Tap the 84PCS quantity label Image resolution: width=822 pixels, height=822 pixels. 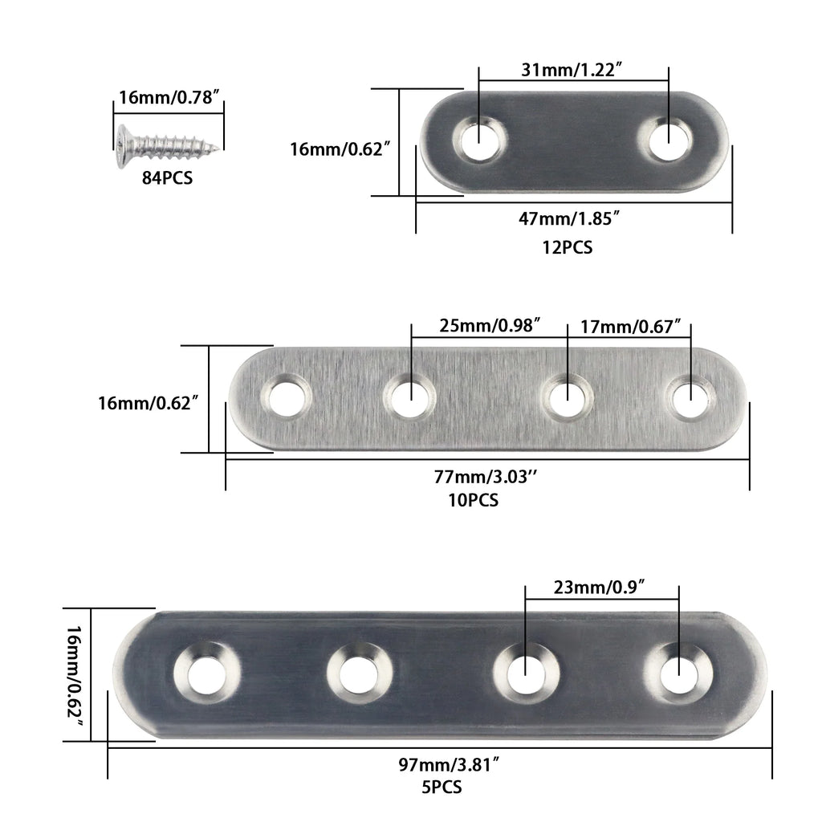(167, 178)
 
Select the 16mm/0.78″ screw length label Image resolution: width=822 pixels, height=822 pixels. (169, 99)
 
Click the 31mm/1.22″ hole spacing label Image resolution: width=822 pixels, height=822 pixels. (573, 70)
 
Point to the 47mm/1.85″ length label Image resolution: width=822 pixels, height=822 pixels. (572, 218)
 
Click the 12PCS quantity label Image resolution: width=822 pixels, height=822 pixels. (567, 248)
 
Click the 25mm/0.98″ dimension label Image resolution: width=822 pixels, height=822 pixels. (490, 326)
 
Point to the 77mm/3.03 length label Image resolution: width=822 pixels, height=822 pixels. (486, 477)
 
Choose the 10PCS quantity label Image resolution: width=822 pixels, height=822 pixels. (474, 501)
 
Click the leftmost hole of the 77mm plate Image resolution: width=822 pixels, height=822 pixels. (286, 397)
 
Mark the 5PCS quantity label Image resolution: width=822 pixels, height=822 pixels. (441, 787)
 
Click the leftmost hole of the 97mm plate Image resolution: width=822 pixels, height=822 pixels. (207, 669)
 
